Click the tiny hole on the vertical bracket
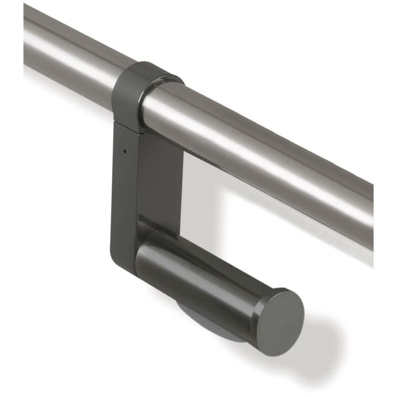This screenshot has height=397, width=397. click(124, 151)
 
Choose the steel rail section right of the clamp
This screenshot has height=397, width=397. click(272, 153)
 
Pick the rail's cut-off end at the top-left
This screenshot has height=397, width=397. click(26, 34)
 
